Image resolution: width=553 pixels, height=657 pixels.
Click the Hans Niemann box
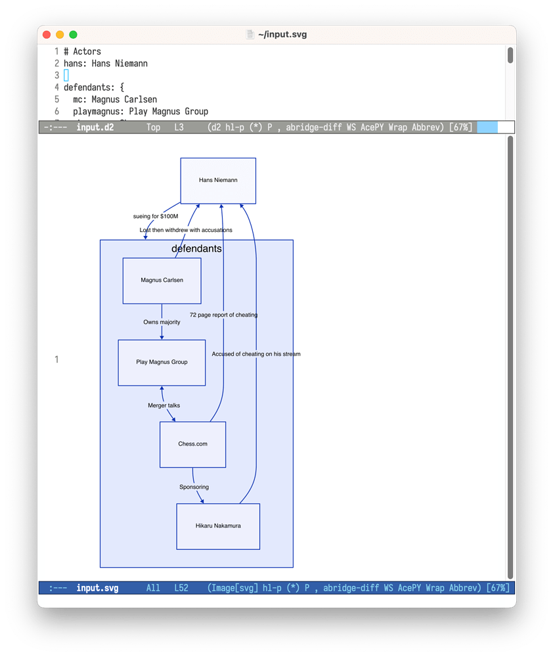tap(218, 180)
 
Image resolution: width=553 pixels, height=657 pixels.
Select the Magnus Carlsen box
tap(162, 281)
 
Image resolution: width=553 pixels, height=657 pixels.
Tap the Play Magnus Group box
tap(162, 362)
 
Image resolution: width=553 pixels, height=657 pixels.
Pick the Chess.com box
tap(192, 444)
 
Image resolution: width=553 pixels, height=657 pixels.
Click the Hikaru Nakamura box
tap(218, 526)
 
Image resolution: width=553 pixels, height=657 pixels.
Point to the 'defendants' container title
tap(196, 249)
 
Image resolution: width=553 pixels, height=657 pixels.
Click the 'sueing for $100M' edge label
tap(156, 216)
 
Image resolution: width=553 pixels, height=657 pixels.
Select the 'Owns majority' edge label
tap(162, 322)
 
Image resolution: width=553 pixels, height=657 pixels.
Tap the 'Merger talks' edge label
tap(164, 405)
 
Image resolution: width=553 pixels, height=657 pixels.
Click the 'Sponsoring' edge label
tap(194, 487)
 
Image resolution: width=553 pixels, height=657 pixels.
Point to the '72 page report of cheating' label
tap(223, 315)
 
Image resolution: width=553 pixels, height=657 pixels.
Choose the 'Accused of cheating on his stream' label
tap(255, 354)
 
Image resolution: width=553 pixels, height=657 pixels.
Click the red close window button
tap(47, 35)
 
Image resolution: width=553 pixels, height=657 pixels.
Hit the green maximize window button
tap(73, 35)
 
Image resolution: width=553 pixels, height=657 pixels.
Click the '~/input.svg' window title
tap(282, 35)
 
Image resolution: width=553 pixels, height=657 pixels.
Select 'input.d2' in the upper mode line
tap(95, 127)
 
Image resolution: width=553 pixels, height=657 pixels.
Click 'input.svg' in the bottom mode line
tap(97, 588)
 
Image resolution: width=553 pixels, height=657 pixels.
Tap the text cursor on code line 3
tap(66, 76)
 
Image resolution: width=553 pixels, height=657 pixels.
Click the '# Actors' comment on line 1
tap(82, 51)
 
